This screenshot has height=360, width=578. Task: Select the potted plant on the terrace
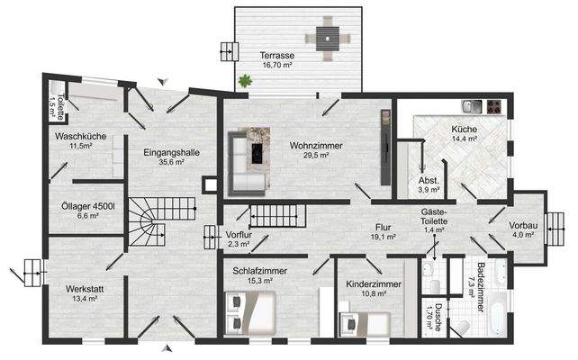[244, 81]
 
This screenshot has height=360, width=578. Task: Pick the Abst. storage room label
[429, 184]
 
